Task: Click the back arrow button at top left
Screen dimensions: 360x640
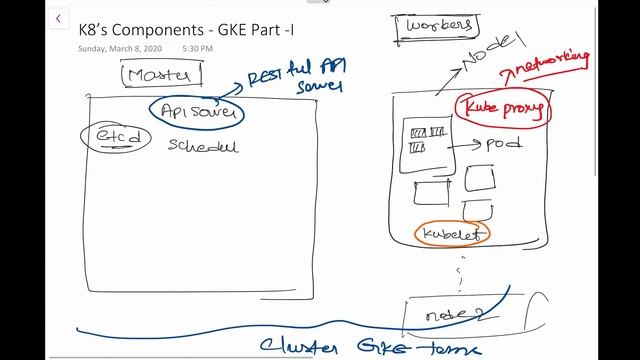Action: tap(59, 19)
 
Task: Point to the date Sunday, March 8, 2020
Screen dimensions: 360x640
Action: tap(120, 48)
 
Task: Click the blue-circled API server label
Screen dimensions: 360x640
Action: tap(197, 113)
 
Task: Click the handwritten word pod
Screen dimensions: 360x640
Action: tap(503, 143)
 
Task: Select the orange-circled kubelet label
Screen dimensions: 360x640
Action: tap(453, 233)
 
